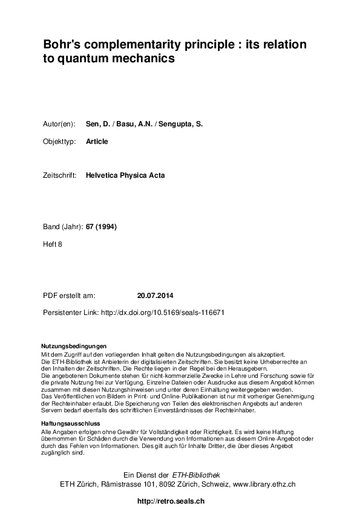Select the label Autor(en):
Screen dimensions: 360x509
(x=59, y=124)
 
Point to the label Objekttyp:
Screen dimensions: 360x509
(x=59, y=141)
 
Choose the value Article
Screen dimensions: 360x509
(x=97, y=141)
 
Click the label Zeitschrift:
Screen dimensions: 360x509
(x=59, y=176)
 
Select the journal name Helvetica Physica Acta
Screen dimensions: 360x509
(x=125, y=176)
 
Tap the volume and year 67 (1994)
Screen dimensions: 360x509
(x=102, y=227)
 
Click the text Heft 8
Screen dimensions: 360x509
(x=53, y=244)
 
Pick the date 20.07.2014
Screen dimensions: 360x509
(x=155, y=296)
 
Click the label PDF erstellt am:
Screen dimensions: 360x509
(x=69, y=296)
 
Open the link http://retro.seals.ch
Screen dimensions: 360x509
(x=171, y=501)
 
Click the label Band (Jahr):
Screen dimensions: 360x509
(x=64, y=227)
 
